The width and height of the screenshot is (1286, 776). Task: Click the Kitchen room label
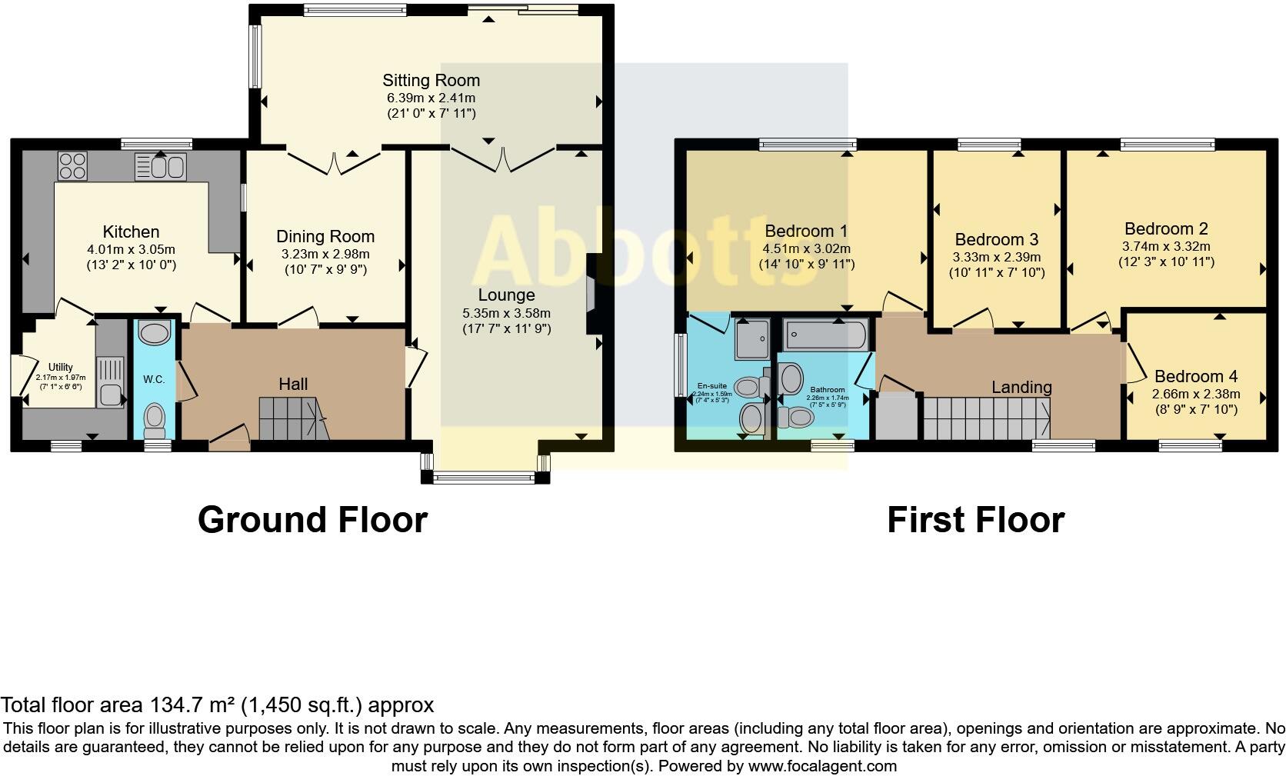click(x=132, y=231)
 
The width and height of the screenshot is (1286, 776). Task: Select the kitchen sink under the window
click(x=160, y=165)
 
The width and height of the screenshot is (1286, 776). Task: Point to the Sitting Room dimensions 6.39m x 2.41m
click(x=431, y=98)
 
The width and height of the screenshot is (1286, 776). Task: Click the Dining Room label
click(x=325, y=236)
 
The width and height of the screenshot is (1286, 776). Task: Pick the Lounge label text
click(x=506, y=295)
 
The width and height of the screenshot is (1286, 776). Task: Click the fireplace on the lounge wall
click(x=591, y=293)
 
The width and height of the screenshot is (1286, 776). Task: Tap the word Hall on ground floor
click(x=293, y=384)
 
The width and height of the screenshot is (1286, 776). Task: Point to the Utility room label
click(x=60, y=368)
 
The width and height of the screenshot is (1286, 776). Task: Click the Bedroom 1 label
click(x=806, y=231)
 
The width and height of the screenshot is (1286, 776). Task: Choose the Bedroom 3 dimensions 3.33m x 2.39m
click(x=996, y=257)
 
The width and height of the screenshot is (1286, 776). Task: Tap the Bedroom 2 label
click(x=1166, y=228)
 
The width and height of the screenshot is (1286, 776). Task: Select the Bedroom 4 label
click(x=1196, y=376)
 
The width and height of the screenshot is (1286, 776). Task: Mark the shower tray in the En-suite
click(x=751, y=340)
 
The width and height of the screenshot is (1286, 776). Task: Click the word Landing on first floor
click(x=1021, y=387)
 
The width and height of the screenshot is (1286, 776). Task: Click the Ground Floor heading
click(x=312, y=520)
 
